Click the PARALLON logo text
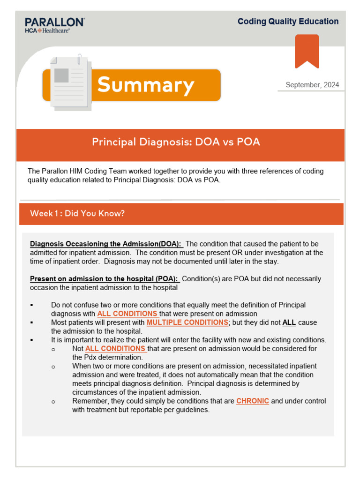(x=54, y=22)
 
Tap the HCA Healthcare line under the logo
(x=47, y=30)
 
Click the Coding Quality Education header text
(x=288, y=22)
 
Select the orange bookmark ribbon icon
(x=307, y=51)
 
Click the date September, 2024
(x=312, y=85)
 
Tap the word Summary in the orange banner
(x=145, y=85)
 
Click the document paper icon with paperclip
(x=70, y=82)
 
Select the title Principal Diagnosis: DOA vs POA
(x=176, y=142)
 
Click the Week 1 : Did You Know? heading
(x=77, y=213)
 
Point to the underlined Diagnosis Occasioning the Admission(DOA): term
(x=106, y=244)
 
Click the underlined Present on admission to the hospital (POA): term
(x=104, y=279)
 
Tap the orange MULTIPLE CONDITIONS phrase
(x=187, y=322)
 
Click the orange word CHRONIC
(x=253, y=401)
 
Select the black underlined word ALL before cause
(x=289, y=322)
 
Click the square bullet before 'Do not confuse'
(x=31, y=305)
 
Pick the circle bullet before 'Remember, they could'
(x=53, y=401)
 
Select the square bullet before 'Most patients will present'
(x=31, y=322)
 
